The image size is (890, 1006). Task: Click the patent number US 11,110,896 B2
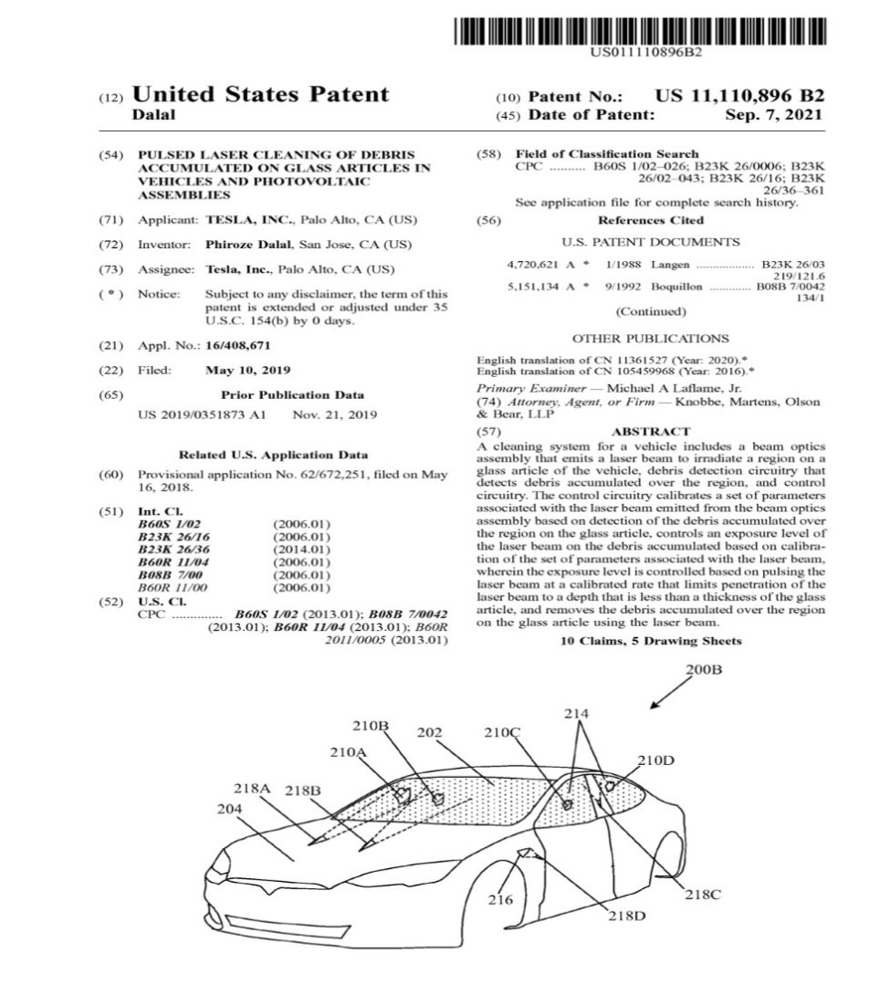coord(739,96)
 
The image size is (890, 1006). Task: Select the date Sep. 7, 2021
coord(774,116)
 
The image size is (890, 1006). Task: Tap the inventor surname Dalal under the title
coord(152,116)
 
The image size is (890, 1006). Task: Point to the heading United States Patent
coord(260,94)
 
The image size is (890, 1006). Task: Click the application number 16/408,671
coord(238,345)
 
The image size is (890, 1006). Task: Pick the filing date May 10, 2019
coord(248,371)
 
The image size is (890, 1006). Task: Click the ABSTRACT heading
coord(650,431)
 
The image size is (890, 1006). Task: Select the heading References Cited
coord(650,220)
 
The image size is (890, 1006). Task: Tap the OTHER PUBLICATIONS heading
coord(650,338)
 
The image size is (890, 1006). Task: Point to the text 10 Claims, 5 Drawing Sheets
coord(650,641)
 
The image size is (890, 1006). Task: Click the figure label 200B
coord(703,671)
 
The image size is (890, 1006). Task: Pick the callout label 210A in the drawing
coord(347,752)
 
